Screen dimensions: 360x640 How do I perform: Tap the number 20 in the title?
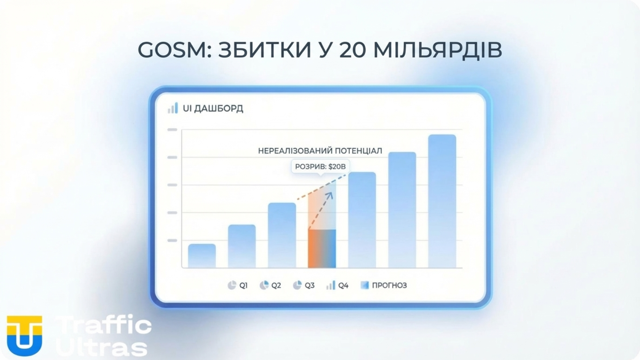click(352, 50)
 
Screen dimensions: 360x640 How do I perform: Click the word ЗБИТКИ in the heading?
click(265, 50)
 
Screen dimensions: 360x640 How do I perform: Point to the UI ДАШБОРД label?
click(213, 108)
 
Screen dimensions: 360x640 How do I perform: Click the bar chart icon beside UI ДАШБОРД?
click(173, 108)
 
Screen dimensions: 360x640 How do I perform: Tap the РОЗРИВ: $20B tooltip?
click(320, 166)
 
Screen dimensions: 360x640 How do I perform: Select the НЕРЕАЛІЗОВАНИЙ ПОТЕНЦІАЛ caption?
click(320, 151)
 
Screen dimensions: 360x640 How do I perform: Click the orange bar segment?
click(315, 248)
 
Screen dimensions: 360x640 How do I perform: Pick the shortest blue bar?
click(202, 256)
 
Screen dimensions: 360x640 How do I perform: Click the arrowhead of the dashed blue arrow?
click(330, 195)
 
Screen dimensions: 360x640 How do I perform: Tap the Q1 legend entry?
click(238, 285)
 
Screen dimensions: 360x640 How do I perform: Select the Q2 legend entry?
click(270, 285)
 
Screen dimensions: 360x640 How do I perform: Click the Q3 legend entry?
click(304, 285)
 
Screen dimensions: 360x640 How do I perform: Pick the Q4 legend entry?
click(337, 285)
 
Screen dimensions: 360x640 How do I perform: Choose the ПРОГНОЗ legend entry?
click(384, 285)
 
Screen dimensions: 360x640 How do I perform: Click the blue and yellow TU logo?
click(24, 335)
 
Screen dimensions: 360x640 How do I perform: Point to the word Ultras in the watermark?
click(102, 347)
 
